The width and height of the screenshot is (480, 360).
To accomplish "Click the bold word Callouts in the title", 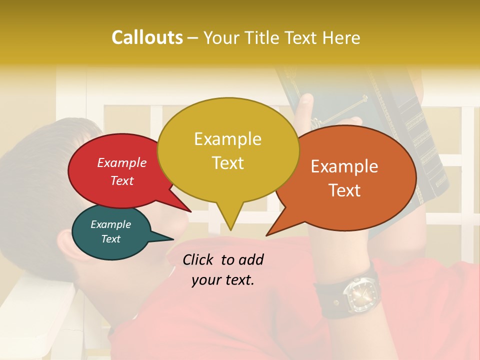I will pyautogui.click(x=147, y=37).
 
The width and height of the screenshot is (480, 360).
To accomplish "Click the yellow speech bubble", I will pyautogui.click(x=228, y=150).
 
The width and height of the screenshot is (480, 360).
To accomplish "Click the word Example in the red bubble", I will pyautogui.click(x=121, y=162).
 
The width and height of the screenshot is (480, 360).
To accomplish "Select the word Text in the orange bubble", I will pyautogui.click(x=345, y=190).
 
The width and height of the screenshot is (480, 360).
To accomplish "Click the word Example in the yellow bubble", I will pyautogui.click(x=227, y=139).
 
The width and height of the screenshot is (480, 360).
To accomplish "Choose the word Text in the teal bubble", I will pyautogui.click(x=110, y=239).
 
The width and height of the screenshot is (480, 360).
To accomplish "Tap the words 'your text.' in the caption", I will pyautogui.click(x=223, y=280).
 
